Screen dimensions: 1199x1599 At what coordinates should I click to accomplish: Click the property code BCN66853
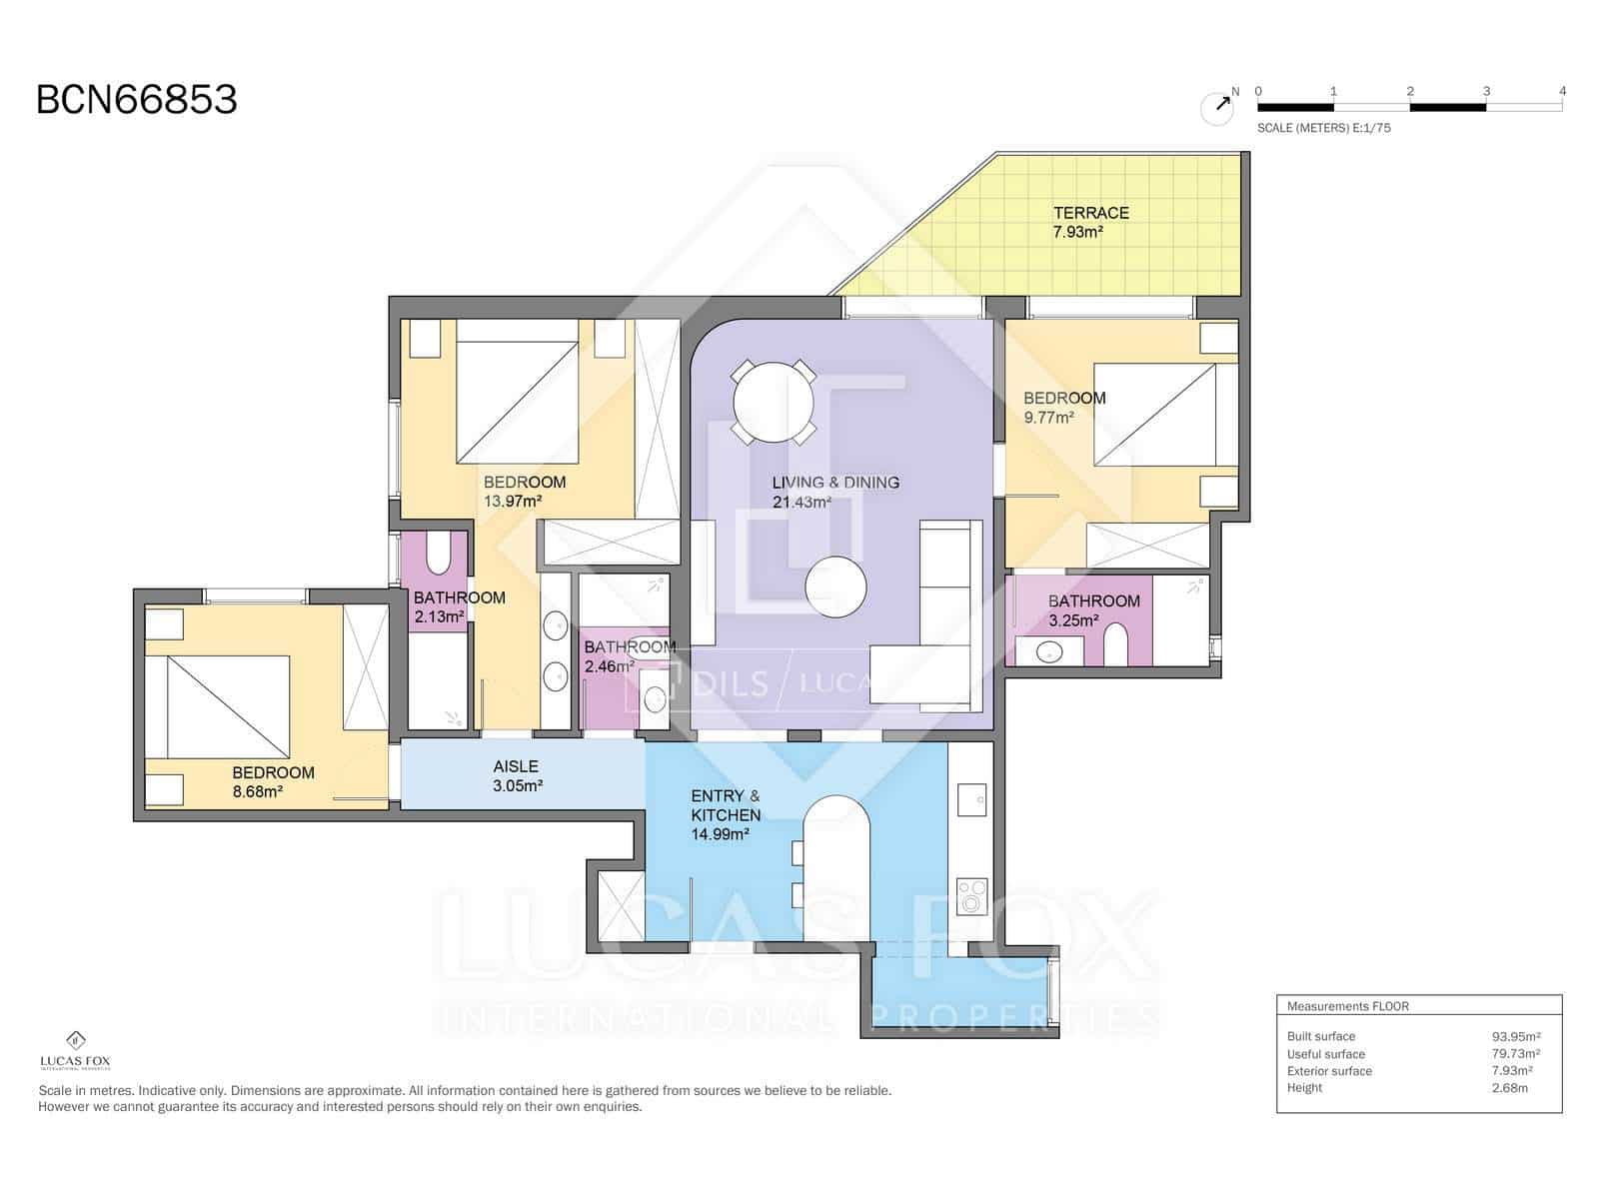(x=137, y=100)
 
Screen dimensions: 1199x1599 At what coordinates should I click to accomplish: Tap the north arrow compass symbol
(x=1217, y=107)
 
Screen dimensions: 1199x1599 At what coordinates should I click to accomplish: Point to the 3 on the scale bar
(x=1486, y=91)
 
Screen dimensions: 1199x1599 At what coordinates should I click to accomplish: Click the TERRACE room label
(x=1090, y=213)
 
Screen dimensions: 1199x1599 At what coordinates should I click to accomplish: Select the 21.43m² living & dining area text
(x=801, y=502)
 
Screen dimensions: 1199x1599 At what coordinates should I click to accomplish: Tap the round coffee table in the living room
(x=835, y=588)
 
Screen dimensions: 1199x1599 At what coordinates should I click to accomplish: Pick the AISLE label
(x=516, y=766)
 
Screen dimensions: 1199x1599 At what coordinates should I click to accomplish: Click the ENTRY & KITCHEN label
(x=726, y=805)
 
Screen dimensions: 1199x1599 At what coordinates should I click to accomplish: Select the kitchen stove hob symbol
(x=971, y=896)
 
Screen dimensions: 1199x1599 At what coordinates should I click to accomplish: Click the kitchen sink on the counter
(x=971, y=799)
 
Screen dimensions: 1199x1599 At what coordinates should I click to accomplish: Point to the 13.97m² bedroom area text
(x=513, y=502)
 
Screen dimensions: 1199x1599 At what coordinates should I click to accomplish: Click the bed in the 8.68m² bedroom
(x=228, y=705)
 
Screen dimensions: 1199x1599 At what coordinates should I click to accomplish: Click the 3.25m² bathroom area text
(x=1073, y=620)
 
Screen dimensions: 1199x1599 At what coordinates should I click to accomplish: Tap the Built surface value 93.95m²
(x=1515, y=1036)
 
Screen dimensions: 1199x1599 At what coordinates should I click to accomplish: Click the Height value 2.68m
(x=1509, y=1088)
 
